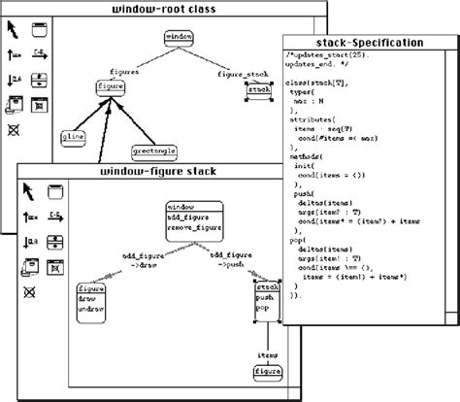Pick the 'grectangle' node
pos(152,151)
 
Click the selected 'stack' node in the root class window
pos(259,89)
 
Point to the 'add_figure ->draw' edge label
pos(138,258)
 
